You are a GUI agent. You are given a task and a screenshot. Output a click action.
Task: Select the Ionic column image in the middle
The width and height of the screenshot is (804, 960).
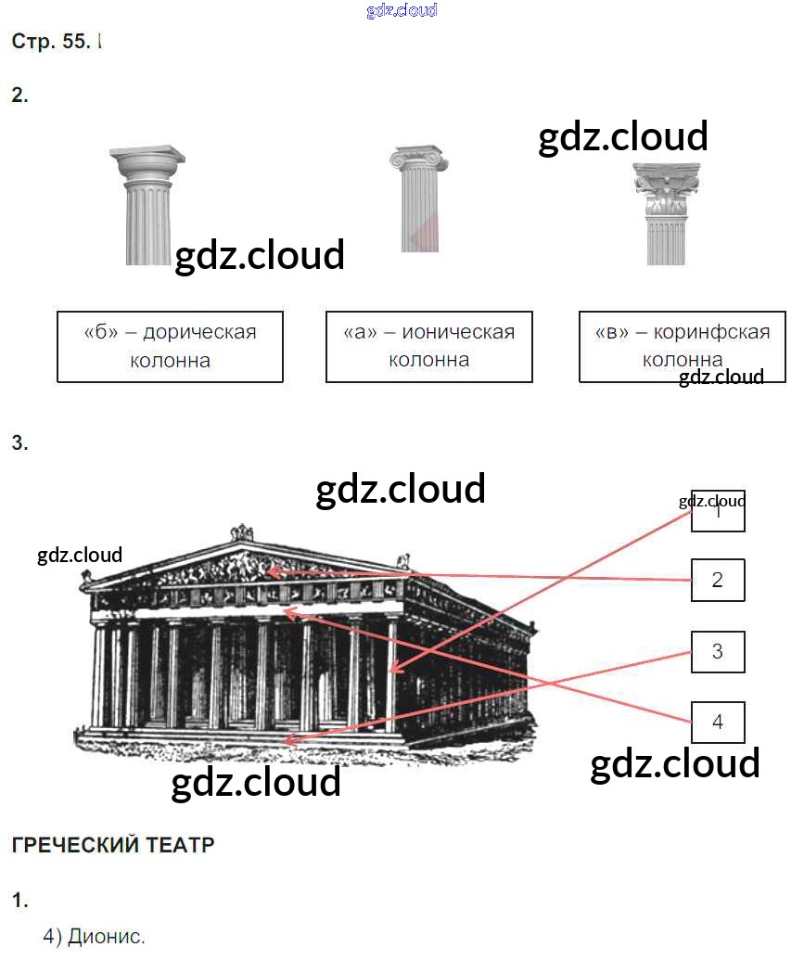tap(419, 198)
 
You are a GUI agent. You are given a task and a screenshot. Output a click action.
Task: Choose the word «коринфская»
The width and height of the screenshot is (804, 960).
tap(711, 333)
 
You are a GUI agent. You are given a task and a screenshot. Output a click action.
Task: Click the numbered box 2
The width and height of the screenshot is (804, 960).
tap(717, 581)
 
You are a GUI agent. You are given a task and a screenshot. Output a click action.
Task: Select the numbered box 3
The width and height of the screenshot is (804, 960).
tap(717, 651)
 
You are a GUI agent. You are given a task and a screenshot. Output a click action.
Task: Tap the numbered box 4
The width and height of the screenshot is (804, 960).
tap(717, 722)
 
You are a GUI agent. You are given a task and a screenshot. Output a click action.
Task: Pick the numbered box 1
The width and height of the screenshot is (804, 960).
tap(717, 511)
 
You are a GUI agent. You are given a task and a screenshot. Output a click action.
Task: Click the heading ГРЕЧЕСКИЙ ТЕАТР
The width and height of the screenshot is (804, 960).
tap(113, 845)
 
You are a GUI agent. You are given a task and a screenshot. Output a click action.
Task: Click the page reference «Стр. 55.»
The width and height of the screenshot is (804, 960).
tap(51, 42)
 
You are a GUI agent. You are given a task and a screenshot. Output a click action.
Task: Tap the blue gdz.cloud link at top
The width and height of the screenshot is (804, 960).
tap(402, 11)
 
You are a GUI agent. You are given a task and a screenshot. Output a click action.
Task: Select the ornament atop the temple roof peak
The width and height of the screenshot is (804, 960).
tap(242, 532)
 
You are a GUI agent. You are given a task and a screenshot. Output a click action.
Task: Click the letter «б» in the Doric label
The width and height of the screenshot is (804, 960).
tap(98, 333)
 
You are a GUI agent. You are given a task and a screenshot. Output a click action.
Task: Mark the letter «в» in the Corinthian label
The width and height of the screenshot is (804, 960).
tap(612, 333)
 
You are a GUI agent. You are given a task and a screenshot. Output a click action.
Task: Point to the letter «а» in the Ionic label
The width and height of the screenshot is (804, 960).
tap(359, 333)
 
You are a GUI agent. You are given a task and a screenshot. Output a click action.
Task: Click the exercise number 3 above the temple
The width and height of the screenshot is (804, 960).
tap(19, 443)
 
